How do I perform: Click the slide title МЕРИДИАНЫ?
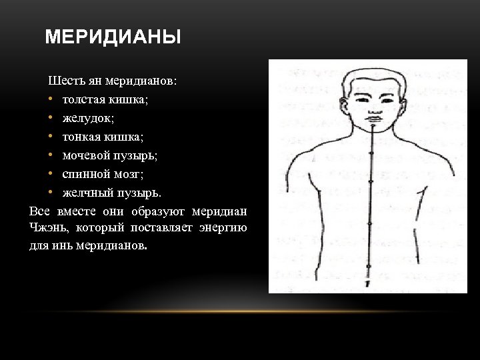point(113,37)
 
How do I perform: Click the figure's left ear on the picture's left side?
point(344,105)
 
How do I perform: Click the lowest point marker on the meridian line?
point(369,268)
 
